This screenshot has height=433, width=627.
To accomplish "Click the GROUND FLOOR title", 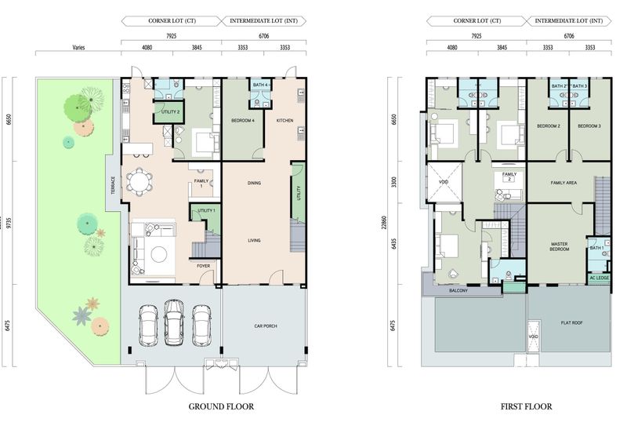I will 222,406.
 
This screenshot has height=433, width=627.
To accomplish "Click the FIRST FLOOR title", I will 526,406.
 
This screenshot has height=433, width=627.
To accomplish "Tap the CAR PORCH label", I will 266,326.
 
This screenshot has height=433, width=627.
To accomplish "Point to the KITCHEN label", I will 284,121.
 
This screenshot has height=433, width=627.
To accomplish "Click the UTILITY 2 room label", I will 170,112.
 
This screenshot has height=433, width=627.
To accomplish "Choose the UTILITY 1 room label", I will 206,212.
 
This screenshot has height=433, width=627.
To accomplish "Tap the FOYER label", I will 203,266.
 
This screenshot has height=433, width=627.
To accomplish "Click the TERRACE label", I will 113,187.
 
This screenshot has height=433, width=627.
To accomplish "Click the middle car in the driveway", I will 174,322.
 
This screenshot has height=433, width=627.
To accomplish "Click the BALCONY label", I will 458,291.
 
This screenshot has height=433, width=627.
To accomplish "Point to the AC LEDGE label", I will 599,278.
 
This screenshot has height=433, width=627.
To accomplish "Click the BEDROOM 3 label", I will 589,126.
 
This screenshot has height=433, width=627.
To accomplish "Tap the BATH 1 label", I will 597,249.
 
